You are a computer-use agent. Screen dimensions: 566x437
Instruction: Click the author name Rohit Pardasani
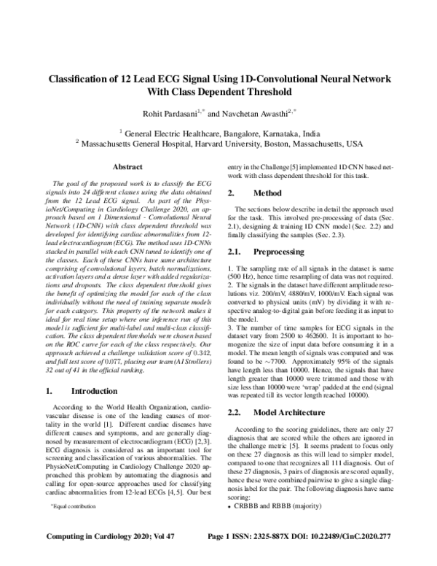coord(169,114)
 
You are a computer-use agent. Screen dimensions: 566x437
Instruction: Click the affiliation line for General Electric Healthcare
coord(219,134)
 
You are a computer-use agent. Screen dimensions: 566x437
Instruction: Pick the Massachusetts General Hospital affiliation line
coord(219,144)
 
